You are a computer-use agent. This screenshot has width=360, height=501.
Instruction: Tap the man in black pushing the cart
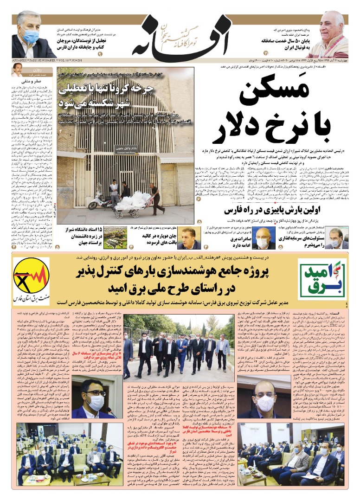154,197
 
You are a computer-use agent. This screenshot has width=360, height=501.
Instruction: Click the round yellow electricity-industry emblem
31,279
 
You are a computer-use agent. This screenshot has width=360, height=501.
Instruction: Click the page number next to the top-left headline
112,54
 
